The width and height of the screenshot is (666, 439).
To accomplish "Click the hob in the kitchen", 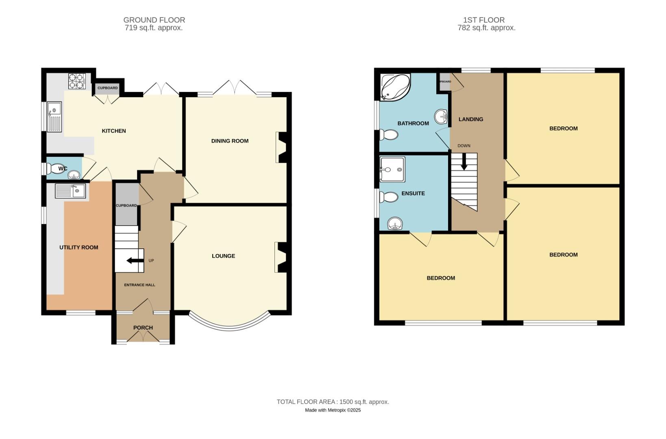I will click(x=77, y=80).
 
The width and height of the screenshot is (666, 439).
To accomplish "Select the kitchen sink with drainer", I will click(x=54, y=117).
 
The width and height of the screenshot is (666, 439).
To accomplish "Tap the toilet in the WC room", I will click(x=54, y=168).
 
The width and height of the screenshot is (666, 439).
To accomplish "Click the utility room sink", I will click(x=71, y=191).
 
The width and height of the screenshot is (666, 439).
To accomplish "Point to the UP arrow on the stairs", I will click(x=135, y=261).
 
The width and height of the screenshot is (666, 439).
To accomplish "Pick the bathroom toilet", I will click(x=388, y=135).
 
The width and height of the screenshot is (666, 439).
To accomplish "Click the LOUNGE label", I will click(x=223, y=256).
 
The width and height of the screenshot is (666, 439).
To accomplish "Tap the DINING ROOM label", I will click(x=230, y=141).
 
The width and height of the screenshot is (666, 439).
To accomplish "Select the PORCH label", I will click(x=143, y=328).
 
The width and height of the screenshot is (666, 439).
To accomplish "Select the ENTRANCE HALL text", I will click(x=139, y=285).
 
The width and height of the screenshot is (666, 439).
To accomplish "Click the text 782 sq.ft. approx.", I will click(x=486, y=28).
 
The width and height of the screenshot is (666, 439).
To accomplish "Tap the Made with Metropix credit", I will click(x=333, y=410).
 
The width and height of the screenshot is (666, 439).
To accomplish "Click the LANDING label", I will click(x=471, y=120).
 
